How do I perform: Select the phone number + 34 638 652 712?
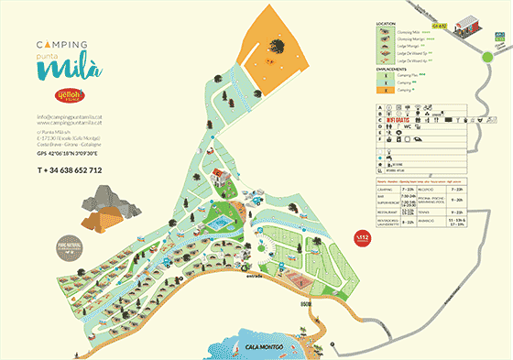coord(70,170)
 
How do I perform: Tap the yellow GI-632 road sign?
coord(440,27)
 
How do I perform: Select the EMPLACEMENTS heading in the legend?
coord(390,67)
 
